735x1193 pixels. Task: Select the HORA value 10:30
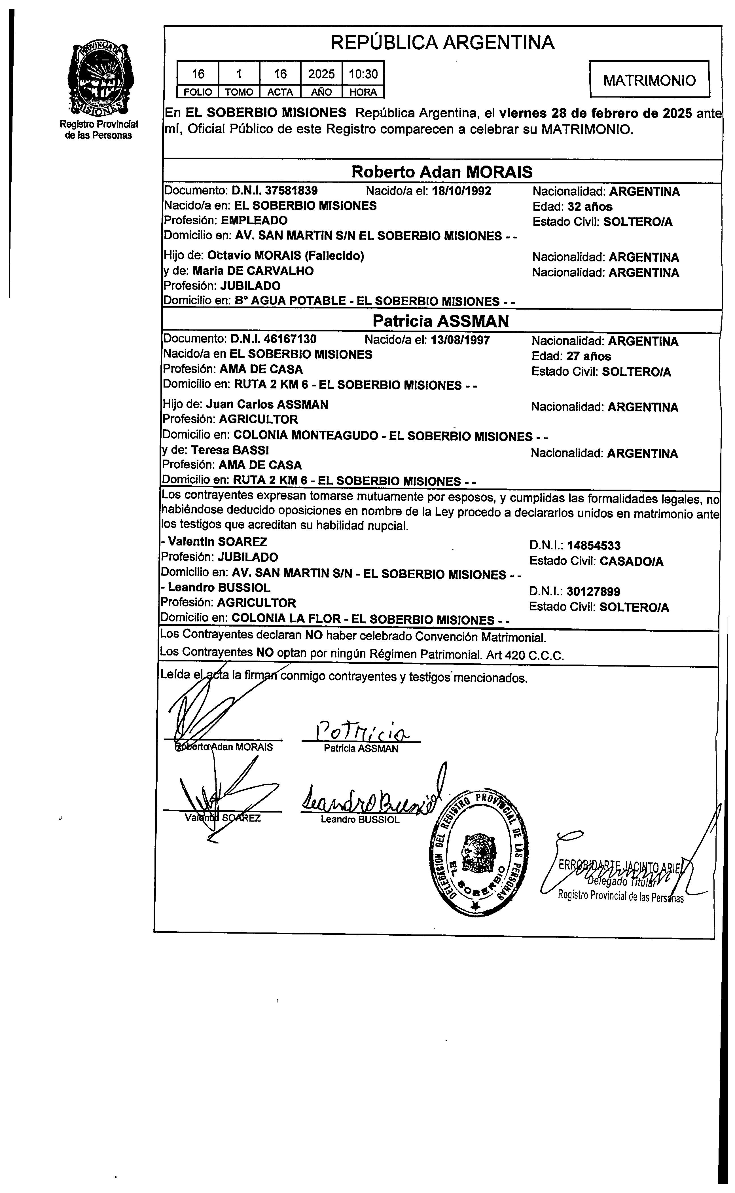click(363, 74)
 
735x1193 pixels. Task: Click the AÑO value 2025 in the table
click(321, 74)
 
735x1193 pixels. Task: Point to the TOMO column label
click(239, 92)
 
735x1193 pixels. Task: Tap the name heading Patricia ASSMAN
click(440, 321)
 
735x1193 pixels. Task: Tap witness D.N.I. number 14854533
click(594, 546)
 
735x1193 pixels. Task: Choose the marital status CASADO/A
click(631, 562)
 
